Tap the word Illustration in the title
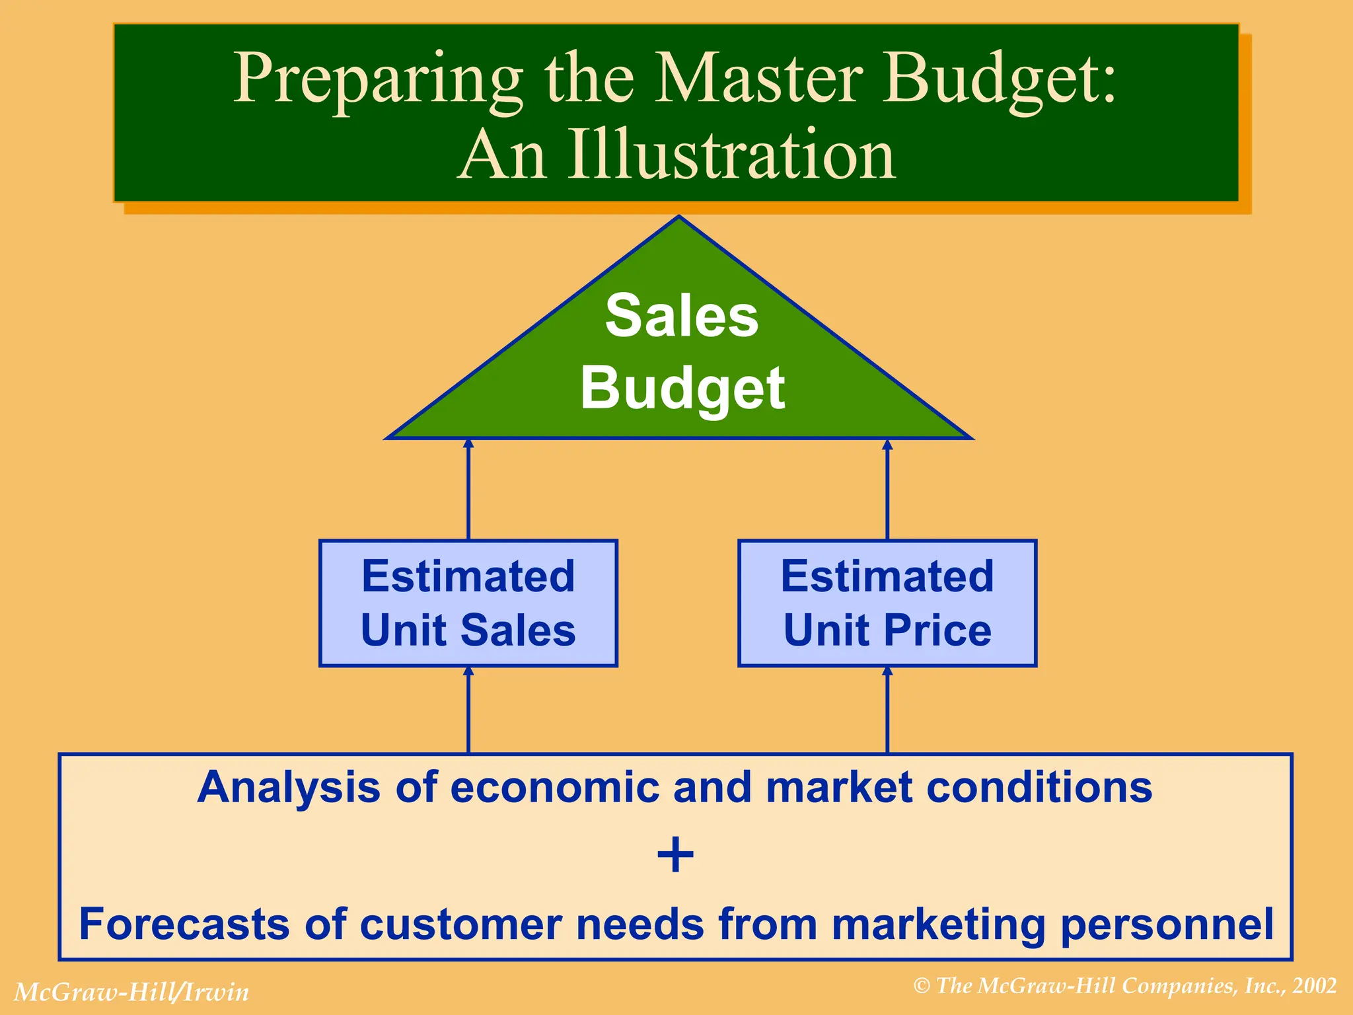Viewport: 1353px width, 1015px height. [x=731, y=156]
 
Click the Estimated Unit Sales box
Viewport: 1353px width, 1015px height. [x=468, y=603]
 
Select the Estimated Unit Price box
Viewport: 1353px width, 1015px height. [x=887, y=603]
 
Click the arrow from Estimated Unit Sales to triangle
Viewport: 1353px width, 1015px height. [x=468, y=489]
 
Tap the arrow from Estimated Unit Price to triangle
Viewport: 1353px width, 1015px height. [x=887, y=489]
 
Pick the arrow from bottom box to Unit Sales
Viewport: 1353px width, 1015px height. [x=468, y=710]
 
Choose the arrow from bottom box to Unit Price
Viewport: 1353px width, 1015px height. [x=887, y=710]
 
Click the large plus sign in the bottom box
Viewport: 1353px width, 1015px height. [x=675, y=855]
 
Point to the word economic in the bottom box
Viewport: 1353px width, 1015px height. [x=555, y=788]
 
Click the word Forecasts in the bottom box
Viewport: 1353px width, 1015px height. [x=184, y=924]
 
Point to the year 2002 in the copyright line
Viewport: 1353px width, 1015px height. [x=1315, y=986]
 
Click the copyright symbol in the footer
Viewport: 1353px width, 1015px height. [x=922, y=987]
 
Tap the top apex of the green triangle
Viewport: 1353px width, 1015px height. [x=678, y=219]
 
